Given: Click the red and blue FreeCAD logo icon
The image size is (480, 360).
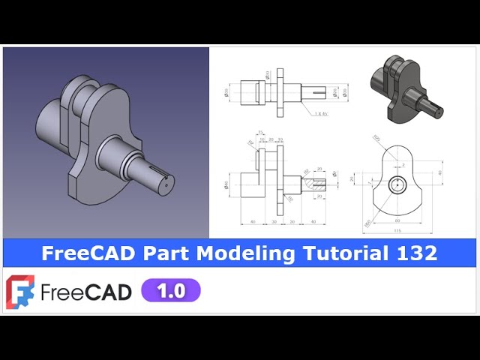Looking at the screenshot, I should pos(19,291).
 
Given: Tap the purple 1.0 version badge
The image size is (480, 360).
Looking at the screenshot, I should pos(171,291).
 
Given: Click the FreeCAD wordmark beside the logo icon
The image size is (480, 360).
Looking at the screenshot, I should pos(86,291).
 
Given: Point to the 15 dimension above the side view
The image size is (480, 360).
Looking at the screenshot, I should pos(260,133).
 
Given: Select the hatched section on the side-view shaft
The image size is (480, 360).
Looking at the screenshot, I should pos(310,182).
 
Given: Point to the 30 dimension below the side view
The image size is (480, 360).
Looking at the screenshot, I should pos(274,222).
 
